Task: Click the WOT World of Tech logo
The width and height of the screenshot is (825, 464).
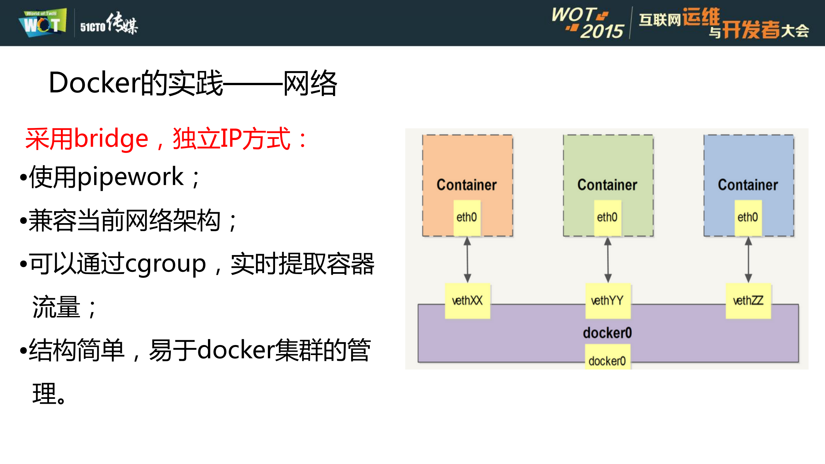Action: tap(43, 23)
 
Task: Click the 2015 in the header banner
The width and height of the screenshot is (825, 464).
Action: tap(602, 31)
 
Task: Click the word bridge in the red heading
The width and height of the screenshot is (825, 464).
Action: tap(111, 139)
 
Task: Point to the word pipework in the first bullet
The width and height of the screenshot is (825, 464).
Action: tap(130, 177)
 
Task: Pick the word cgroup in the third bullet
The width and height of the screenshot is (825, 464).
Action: tap(165, 264)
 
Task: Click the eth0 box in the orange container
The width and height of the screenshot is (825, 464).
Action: tap(467, 217)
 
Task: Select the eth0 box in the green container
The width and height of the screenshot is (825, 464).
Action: tap(607, 217)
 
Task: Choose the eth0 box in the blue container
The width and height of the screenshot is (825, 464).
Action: tap(748, 217)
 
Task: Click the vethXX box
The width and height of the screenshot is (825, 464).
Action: tap(467, 301)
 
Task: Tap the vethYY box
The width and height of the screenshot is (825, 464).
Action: tap(607, 301)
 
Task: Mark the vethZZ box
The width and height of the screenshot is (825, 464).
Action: tap(748, 301)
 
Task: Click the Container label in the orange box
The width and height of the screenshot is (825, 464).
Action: tap(467, 185)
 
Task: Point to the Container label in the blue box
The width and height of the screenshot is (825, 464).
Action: tap(748, 185)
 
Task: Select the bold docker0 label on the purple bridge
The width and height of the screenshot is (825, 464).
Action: tap(607, 333)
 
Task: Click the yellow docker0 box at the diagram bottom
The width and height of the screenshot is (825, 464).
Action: tap(607, 360)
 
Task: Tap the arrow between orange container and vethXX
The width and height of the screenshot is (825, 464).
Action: tap(467, 260)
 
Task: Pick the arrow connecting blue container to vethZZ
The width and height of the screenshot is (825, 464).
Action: tap(748, 260)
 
